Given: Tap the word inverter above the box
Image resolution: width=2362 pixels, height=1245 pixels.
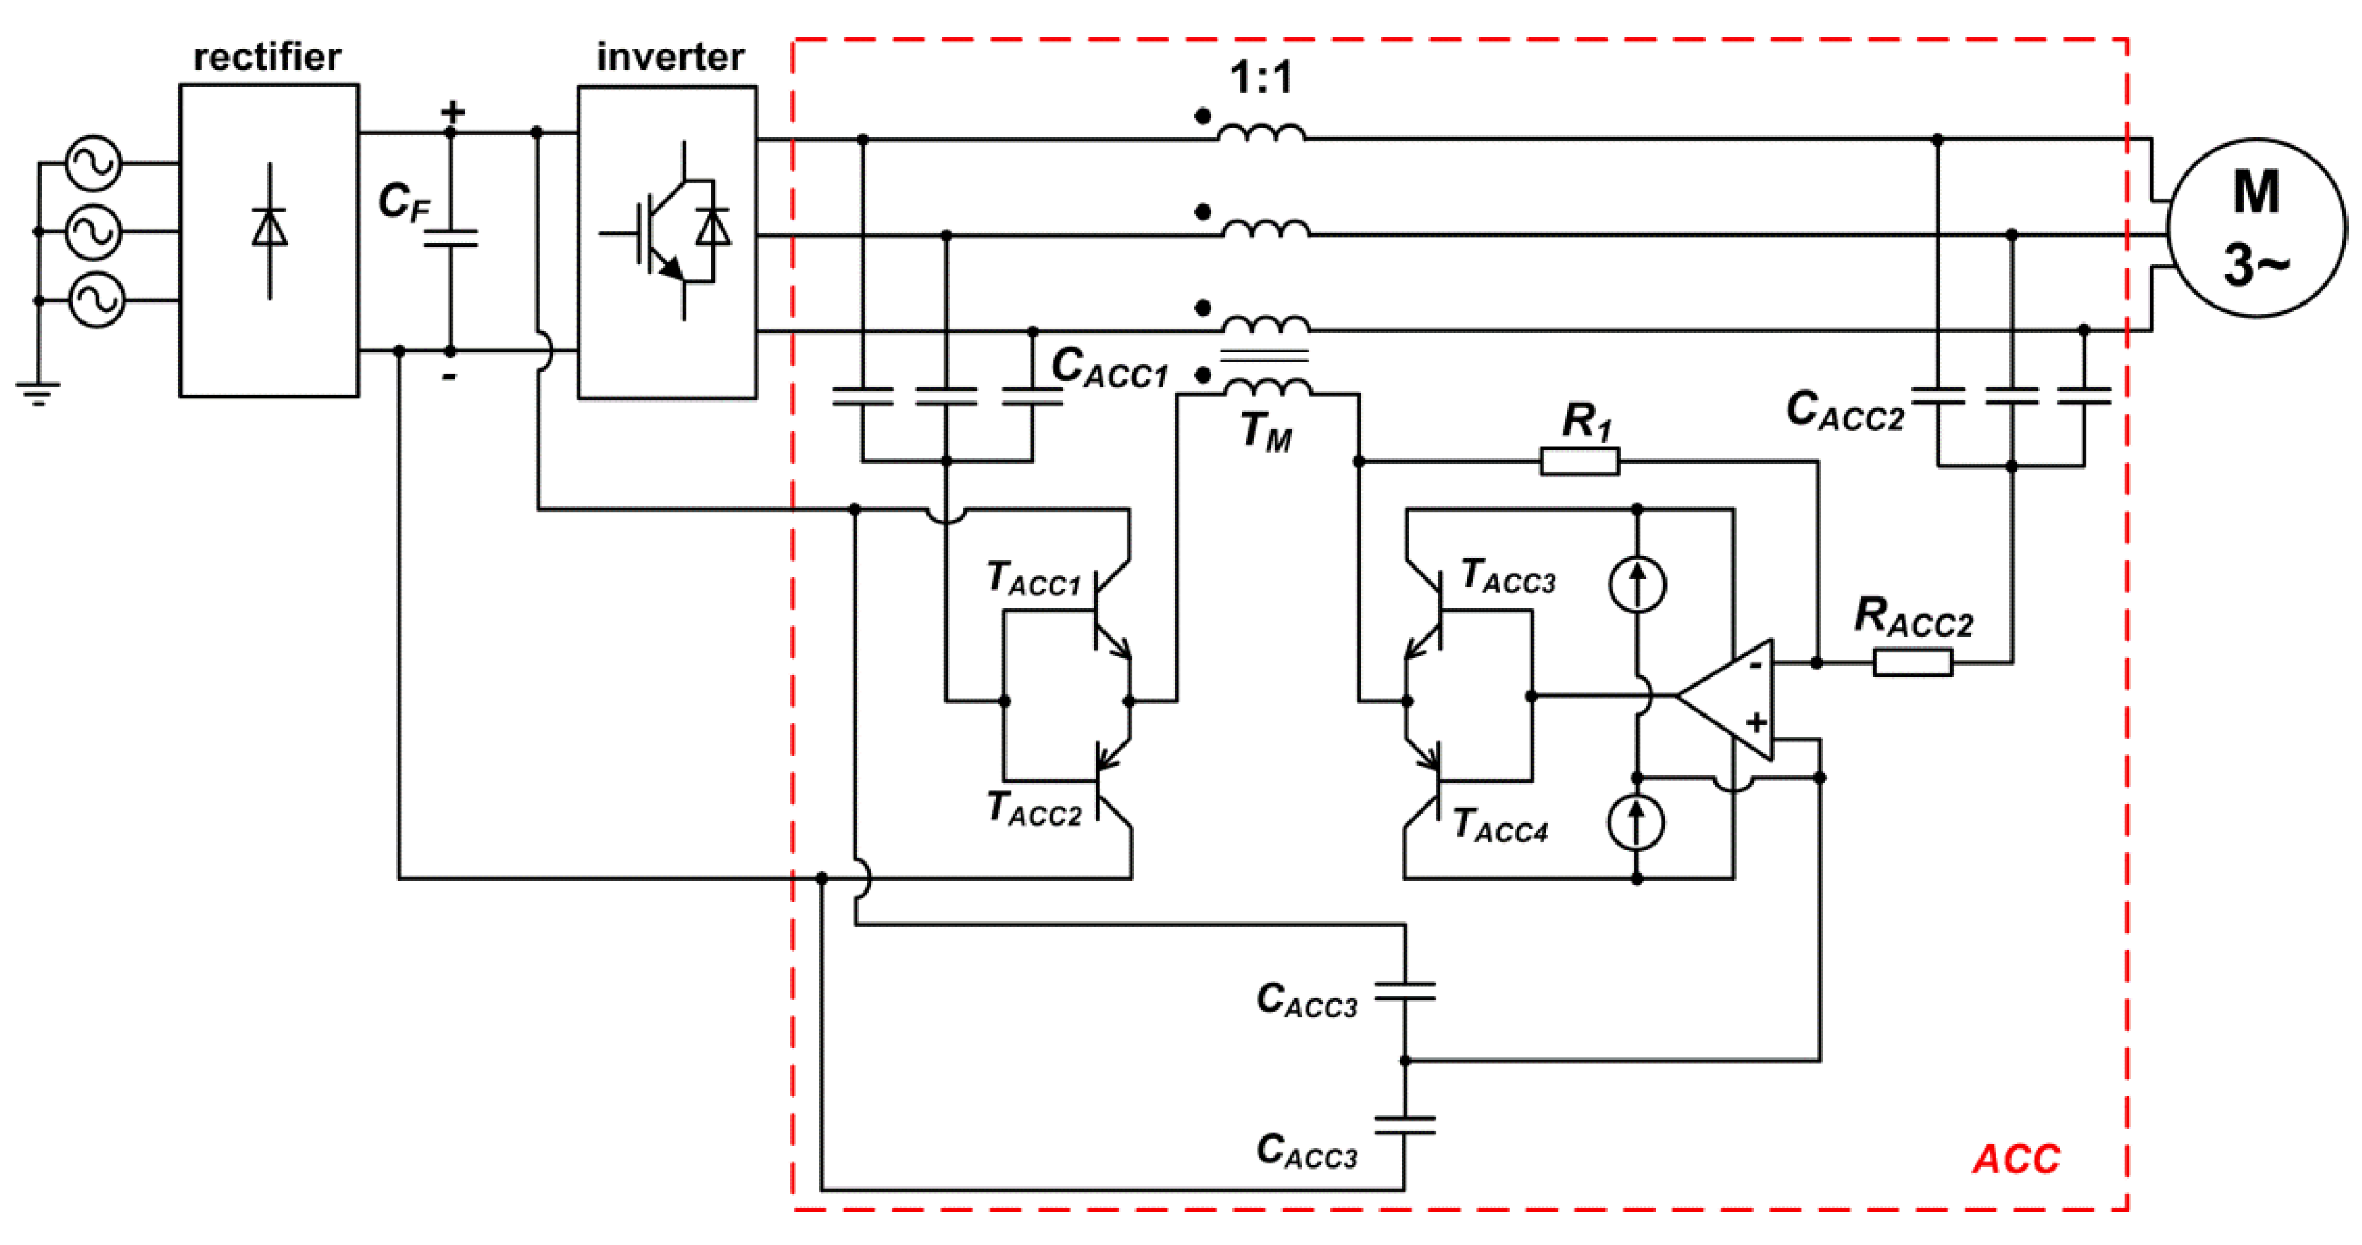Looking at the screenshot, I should pos(671,57).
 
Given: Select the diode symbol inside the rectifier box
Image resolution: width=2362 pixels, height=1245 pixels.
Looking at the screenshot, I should pos(269,229).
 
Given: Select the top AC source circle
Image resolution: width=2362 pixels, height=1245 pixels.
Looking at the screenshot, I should pos(94,163).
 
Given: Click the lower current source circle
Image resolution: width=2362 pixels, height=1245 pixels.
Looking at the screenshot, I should pos(1636,822).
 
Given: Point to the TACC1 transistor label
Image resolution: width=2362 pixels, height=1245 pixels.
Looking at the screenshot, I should pos(1034,580).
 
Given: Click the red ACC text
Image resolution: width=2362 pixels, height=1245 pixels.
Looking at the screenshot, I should pos(2015,1159).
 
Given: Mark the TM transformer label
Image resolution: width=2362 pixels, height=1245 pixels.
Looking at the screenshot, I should pos(1266,432).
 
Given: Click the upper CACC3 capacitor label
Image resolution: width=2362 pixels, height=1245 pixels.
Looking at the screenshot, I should pos(1306,1000).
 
